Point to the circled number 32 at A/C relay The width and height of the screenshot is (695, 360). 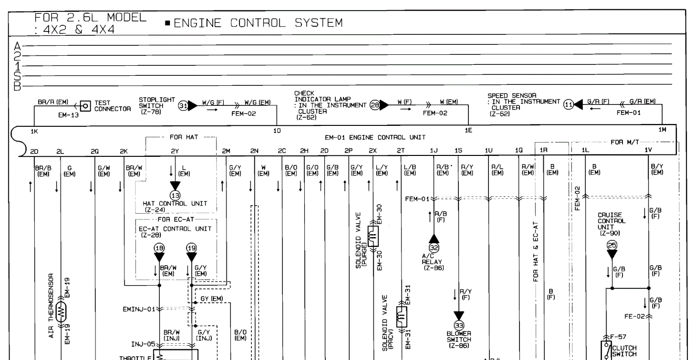(434, 248)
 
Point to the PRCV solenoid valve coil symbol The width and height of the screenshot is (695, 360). (401, 315)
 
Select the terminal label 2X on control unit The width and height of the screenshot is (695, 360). (373, 150)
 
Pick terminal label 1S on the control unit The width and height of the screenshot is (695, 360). (458, 150)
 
